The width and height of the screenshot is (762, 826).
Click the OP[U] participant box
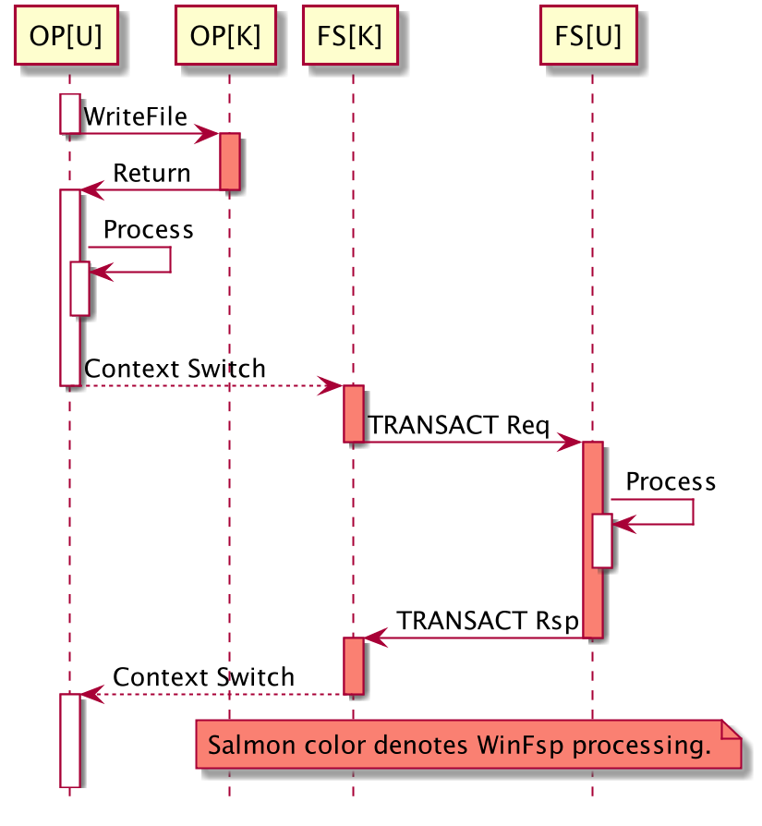click(x=67, y=37)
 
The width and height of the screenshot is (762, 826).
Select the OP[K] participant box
click(x=225, y=37)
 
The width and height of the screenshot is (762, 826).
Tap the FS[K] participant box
click(x=350, y=37)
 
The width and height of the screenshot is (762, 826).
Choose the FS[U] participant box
click(x=588, y=37)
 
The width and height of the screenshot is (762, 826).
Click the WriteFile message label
click(x=135, y=116)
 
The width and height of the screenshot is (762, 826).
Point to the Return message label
click(x=151, y=173)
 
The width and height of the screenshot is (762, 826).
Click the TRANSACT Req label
click(x=459, y=425)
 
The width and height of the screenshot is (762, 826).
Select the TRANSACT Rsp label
click(x=488, y=621)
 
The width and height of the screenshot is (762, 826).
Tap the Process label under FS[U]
click(x=671, y=481)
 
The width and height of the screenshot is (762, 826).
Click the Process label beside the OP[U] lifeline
click(x=148, y=229)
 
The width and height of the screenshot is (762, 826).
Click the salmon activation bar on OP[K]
click(x=229, y=162)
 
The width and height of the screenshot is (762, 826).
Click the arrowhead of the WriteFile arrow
click(x=211, y=134)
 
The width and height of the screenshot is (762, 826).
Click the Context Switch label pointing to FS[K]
click(x=175, y=369)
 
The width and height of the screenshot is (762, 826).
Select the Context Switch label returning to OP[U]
click(x=203, y=677)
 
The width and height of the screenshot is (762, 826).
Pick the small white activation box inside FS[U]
click(x=601, y=541)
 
